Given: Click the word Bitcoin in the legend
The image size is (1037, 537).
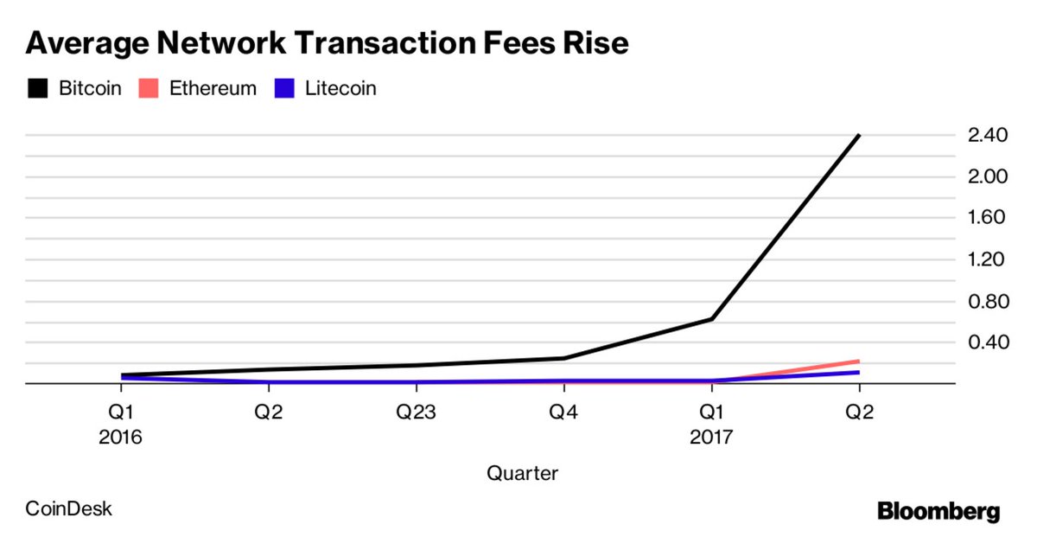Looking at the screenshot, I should click(x=90, y=88).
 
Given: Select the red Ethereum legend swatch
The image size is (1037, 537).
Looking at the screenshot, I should click(x=148, y=88).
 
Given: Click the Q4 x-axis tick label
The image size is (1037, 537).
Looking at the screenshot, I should click(x=563, y=412).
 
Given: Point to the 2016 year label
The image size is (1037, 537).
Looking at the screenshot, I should click(x=121, y=438).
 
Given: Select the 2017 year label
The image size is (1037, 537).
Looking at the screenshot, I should click(x=710, y=438).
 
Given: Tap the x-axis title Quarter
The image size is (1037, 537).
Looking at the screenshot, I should click(x=522, y=473).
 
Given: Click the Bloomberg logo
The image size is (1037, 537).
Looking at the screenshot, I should click(x=938, y=511).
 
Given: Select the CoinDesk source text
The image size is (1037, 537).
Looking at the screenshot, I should click(x=69, y=508).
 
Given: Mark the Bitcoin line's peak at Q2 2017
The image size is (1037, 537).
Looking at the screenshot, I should click(x=858, y=136).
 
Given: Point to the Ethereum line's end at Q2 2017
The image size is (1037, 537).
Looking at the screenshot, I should click(x=858, y=361).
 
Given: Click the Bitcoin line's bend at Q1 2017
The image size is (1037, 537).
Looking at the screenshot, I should click(x=711, y=319).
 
